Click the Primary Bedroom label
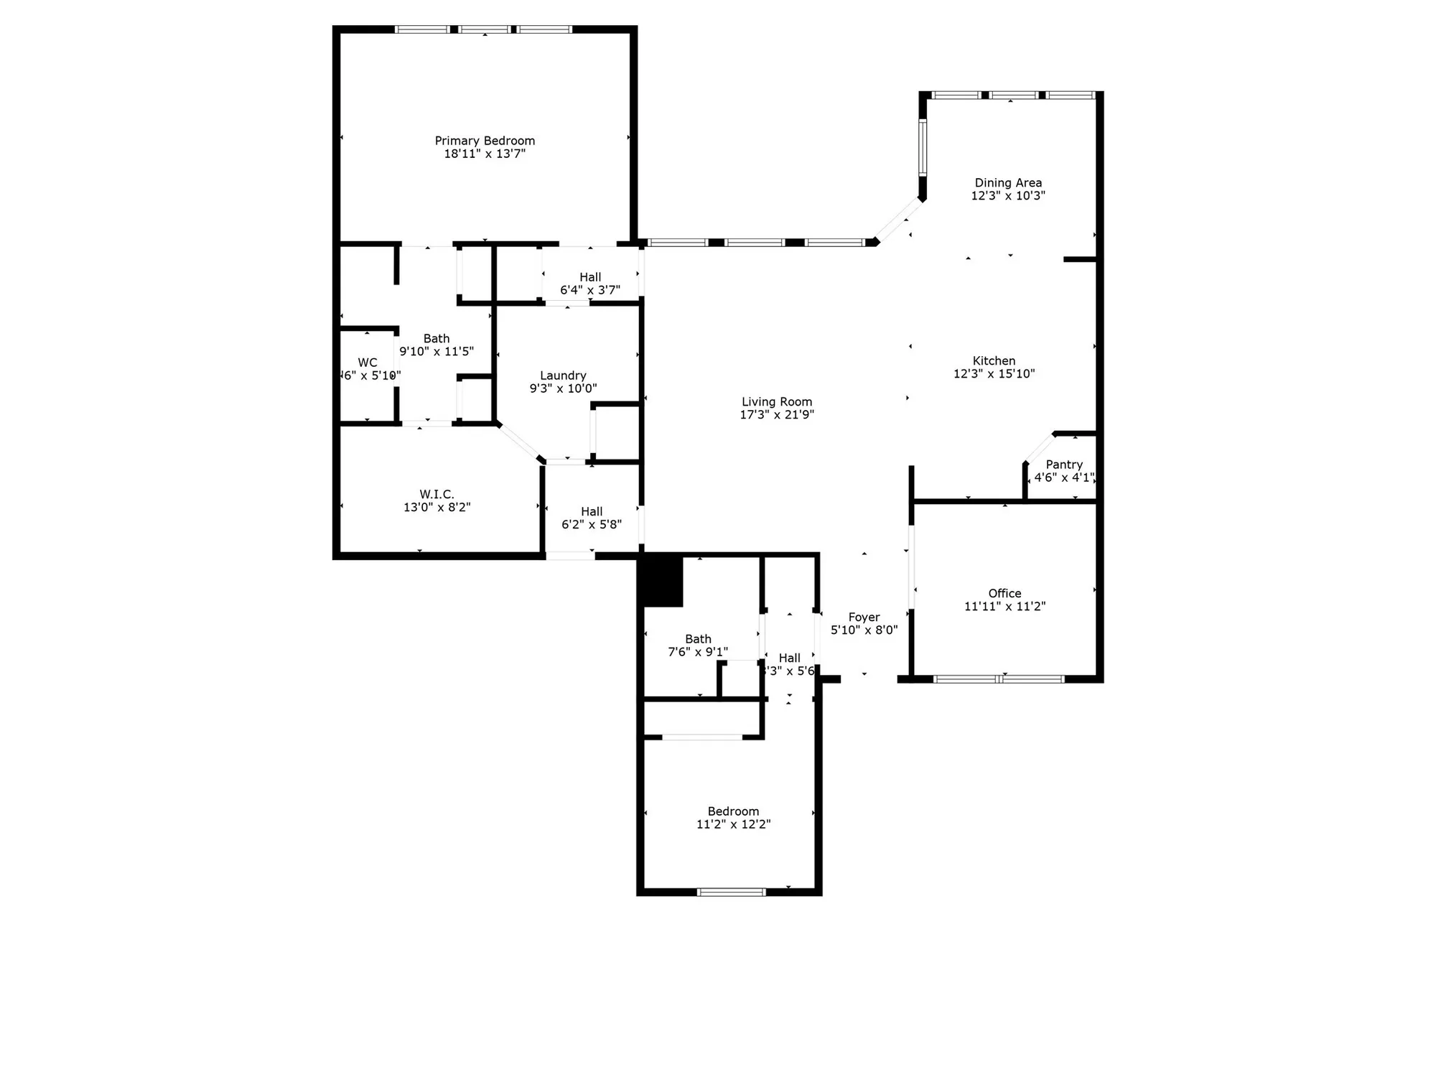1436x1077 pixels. tap(485, 141)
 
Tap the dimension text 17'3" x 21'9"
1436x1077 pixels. tap(777, 415)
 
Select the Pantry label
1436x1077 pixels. tap(1064, 465)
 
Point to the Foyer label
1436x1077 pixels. tap(864, 617)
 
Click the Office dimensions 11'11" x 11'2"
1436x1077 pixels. tap(1004, 606)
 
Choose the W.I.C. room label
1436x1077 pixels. tap(437, 494)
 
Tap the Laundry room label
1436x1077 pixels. tap(563, 376)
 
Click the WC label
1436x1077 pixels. tap(368, 363)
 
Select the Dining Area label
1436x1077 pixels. tap(1008, 183)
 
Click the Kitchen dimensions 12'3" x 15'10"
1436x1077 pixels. tap(994, 373)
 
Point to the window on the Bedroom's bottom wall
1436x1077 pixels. tap(731, 892)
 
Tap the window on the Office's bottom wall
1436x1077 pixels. tap(999, 679)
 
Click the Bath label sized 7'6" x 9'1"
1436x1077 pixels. tap(698, 639)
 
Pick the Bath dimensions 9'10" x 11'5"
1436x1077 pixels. tap(437, 351)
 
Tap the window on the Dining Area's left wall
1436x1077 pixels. tap(923, 148)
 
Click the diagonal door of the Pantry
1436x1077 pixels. tap(1039, 448)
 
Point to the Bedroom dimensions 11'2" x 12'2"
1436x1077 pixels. tap(733, 824)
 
